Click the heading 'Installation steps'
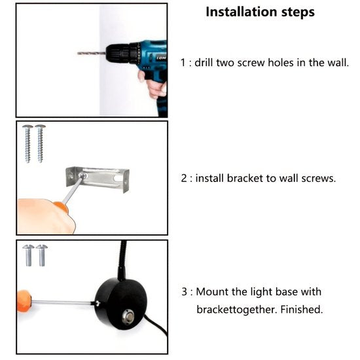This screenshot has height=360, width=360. (260, 12)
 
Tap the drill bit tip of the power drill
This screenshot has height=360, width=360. (78, 53)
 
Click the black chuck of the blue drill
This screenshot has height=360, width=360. (119, 54)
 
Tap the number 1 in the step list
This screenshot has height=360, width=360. (183, 63)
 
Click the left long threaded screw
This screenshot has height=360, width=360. (27, 144)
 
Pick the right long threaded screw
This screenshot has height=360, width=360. (40, 144)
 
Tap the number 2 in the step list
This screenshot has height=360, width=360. (184, 179)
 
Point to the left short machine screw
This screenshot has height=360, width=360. (28, 255)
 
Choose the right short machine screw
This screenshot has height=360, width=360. (42, 255)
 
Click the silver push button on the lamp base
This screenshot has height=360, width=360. (128, 317)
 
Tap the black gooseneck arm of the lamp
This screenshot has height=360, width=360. (122, 260)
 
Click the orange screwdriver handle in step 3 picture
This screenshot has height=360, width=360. (24, 301)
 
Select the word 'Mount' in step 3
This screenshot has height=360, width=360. (209, 292)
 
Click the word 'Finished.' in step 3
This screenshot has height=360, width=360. (302, 310)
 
